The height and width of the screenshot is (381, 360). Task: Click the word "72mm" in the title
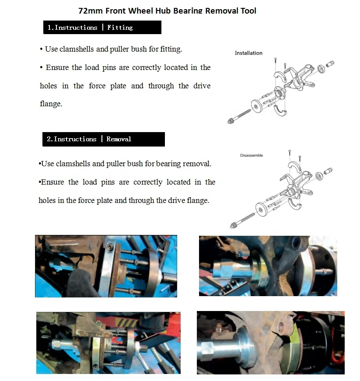91,10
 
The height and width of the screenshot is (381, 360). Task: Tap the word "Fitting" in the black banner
120,28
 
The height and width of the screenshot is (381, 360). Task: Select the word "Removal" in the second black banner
119,139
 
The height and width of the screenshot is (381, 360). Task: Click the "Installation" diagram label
248,53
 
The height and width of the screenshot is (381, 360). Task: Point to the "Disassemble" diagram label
252,155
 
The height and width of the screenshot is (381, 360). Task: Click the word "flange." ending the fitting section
51,104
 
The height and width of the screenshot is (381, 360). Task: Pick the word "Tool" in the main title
248,10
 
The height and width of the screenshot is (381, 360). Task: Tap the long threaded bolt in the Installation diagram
239,116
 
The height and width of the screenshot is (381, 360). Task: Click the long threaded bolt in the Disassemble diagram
242,220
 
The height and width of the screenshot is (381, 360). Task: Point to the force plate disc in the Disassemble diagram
261,209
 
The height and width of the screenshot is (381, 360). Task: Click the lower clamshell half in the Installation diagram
280,111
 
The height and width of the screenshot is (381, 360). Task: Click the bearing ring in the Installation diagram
321,69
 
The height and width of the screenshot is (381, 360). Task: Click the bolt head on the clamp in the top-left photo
111,248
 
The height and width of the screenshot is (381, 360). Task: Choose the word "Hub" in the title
163,10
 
